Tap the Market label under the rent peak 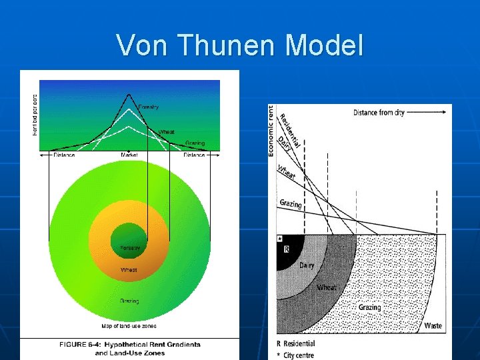[129, 155]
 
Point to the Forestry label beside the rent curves [148, 107]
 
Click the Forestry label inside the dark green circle [129, 248]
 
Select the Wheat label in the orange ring [129, 270]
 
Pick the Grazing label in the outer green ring [129, 301]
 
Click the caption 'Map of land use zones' [129, 326]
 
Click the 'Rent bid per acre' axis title [35, 113]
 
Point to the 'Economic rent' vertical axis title [271, 131]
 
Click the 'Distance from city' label [379, 113]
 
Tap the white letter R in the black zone [286, 250]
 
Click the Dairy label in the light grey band [307, 265]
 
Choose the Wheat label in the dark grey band [327, 287]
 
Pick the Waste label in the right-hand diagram [433, 326]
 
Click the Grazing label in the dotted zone [369, 307]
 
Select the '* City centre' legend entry [297, 355]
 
